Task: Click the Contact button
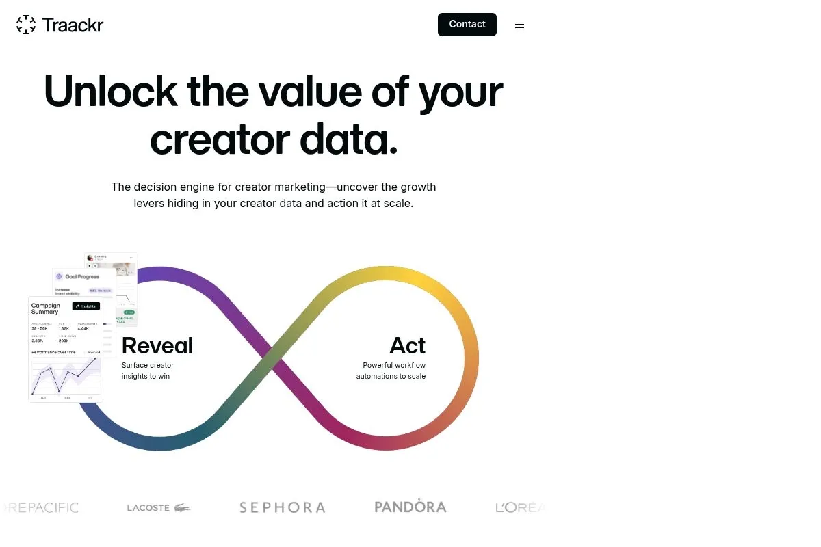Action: click(x=467, y=25)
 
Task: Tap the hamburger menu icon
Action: click(x=519, y=26)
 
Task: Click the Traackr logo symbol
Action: click(x=26, y=25)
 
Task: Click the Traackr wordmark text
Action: click(x=73, y=25)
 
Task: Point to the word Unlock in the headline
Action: click(x=110, y=91)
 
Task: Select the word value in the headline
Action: click(x=309, y=91)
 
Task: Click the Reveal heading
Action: click(x=157, y=345)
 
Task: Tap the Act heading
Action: click(x=407, y=345)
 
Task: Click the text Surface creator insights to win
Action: click(x=147, y=371)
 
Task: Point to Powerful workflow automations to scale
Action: click(x=391, y=371)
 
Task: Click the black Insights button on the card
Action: click(x=86, y=306)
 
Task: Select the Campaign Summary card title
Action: click(x=46, y=308)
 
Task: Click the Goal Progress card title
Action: click(x=81, y=277)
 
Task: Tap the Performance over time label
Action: click(x=53, y=352)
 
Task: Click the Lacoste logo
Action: click(x=159, y=507)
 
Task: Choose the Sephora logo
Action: click(x=282, y=507)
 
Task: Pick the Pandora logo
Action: click(x=410, y=507)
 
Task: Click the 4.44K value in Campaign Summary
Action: click(x=83, y=329)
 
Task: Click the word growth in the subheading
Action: click(x=418, y=187)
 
